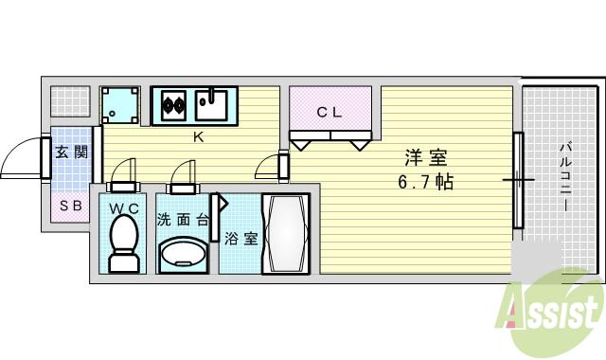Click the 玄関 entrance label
tap(71, 152)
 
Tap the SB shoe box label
tap(71, 205)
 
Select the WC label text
tap(123, 207)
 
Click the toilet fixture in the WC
tap(123, 243)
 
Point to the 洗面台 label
tap(183, 219)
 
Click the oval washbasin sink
tap(184, 254)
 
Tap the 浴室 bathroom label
tap(241, 239)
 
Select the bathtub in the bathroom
tap(285, 234)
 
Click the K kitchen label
tap(199, 137)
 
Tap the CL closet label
tap(330, 112)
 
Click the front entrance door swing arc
tap(21, 159)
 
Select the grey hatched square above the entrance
tap(69, 102)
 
